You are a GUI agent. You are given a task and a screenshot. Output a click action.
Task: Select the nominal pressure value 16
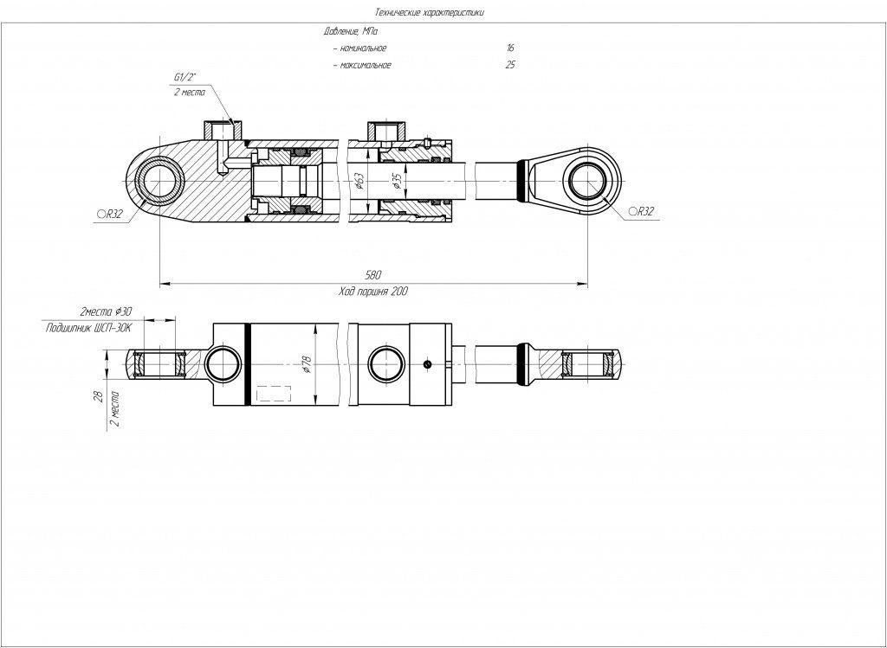(510, 48)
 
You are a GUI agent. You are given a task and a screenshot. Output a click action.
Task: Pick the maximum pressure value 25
(510, 65)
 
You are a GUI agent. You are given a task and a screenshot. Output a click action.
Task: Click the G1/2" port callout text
(185, 78)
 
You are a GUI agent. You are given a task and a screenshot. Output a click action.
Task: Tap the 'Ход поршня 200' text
(373, 292)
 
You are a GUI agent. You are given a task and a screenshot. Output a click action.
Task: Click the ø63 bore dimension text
(359, 182)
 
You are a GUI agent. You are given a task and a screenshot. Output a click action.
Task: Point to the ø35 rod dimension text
(396, 182)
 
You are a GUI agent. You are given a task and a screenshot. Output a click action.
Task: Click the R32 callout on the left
(109, 213)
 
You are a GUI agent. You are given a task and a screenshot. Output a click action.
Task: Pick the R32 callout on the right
(641, 211)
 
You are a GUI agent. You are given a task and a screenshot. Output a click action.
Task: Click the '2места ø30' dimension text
(106, 311)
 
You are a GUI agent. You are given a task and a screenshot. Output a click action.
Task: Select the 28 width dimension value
(99, 396)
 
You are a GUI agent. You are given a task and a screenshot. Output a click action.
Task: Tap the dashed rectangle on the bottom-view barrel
(273, 394)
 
